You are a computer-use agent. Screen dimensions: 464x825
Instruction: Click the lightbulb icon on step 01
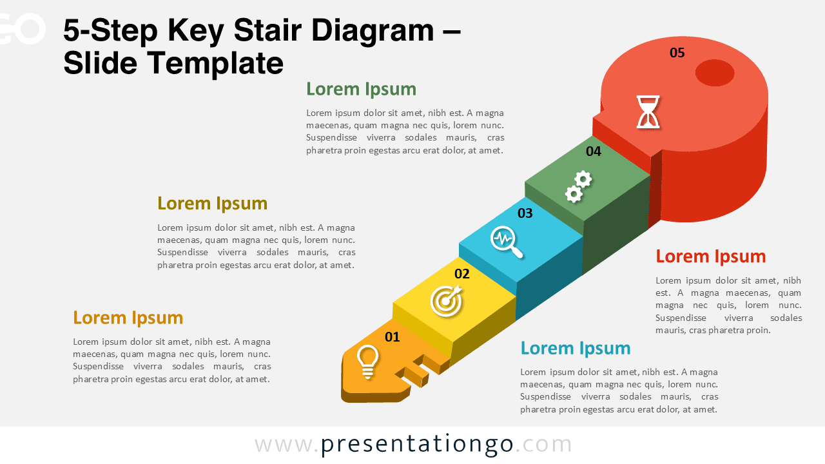[367, 361]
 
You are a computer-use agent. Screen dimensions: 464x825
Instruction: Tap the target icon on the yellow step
[446, 301]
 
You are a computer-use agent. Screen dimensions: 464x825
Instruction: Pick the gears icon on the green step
[578, 187]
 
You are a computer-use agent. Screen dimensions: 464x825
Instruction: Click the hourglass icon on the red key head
[648, 111]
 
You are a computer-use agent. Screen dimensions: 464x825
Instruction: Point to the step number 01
[392, 336]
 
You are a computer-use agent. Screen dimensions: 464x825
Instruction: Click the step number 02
[462, 274]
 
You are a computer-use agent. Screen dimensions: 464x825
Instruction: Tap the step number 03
[525, 213]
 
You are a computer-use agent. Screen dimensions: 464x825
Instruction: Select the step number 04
[594, 151]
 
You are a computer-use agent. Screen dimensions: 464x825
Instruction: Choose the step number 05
[677, 53]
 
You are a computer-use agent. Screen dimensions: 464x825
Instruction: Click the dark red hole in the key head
[715, 73]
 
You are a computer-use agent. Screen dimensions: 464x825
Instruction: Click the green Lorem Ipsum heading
[361, 89]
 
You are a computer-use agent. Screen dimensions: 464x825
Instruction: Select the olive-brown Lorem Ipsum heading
[212, 204]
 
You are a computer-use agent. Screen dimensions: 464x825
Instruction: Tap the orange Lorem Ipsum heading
[128, 318]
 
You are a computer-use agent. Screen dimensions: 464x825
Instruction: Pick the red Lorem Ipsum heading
[710, 256]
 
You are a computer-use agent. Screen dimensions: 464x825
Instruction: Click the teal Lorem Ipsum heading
[576, 349]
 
